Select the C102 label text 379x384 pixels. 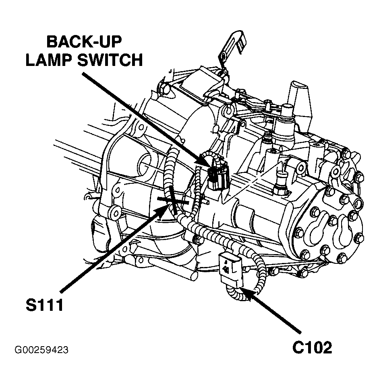pos(312,347)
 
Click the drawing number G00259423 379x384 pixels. pos(41,350)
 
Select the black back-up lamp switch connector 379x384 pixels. pos(217,177)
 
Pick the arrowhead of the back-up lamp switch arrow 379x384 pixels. pos(207,165)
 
